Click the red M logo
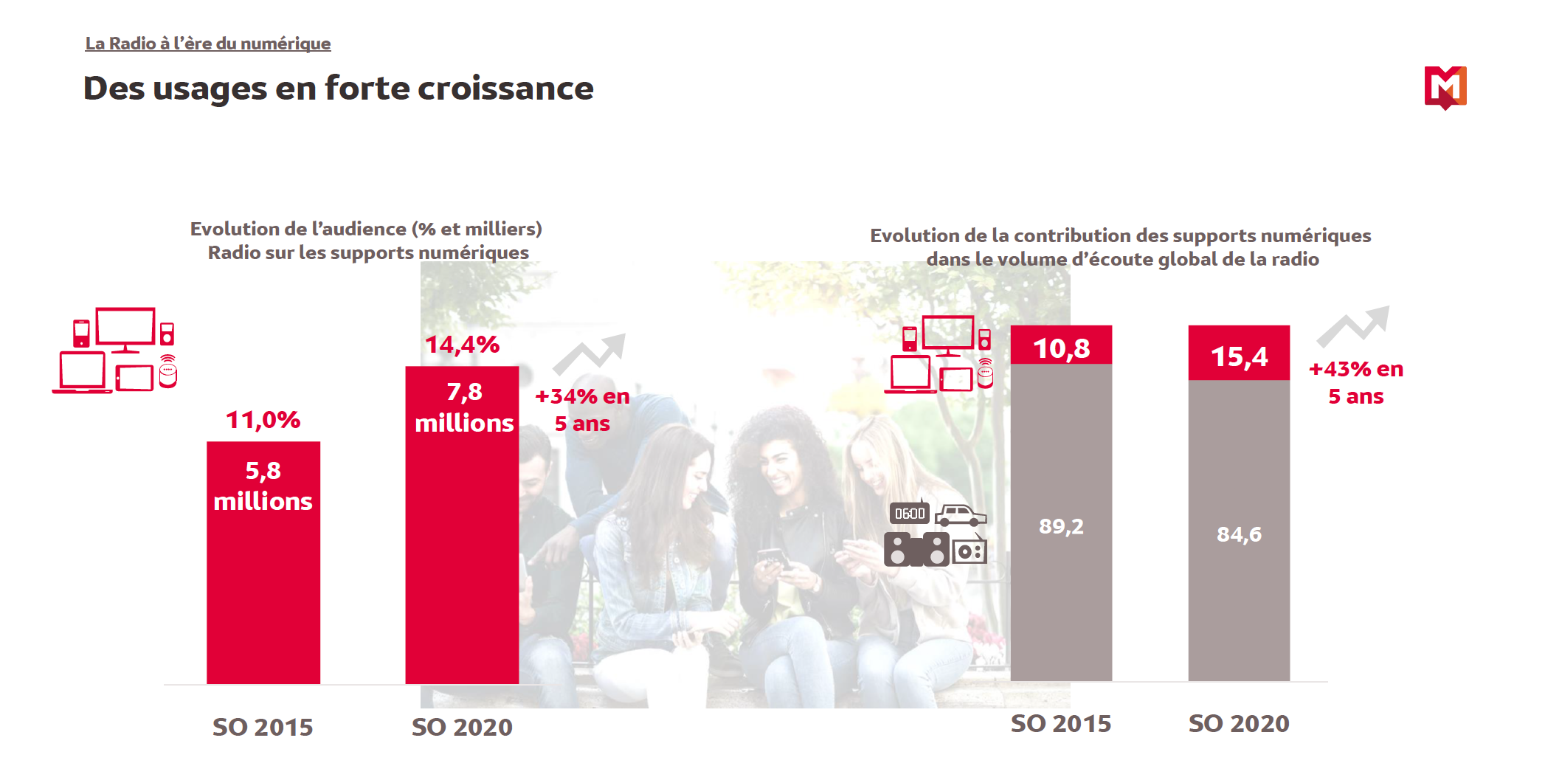point(1445,87)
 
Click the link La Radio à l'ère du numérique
point(207,44)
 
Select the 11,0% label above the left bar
point(263,420)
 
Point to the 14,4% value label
point(462,345)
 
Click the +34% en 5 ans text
point(582,410)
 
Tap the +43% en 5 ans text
point(1355,382)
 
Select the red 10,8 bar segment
point(1060,345)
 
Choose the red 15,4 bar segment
point(1238,353)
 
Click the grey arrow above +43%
point(1353,325)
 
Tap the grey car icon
point(960,514)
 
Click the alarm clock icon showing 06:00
point(909,513)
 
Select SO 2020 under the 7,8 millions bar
point(462,727)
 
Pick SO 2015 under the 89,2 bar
point(1060,723)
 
